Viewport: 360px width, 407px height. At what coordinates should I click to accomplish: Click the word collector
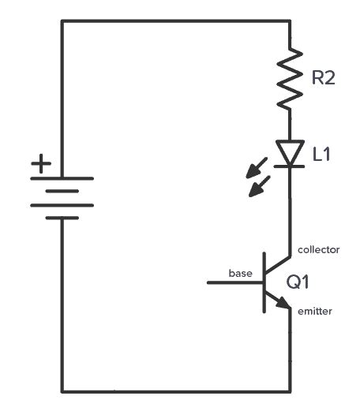click(x=318, y=249)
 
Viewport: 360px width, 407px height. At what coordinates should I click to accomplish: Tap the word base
click(x=240, y=273)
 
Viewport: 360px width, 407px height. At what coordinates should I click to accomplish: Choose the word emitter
click(x=315, y=312)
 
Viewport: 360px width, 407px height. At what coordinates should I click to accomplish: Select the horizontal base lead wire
click(x=234, y=282)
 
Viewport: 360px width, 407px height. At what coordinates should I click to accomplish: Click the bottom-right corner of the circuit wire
click(x=291, y=390)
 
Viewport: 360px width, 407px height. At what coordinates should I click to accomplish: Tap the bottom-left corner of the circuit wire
click(x=62, y=390)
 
